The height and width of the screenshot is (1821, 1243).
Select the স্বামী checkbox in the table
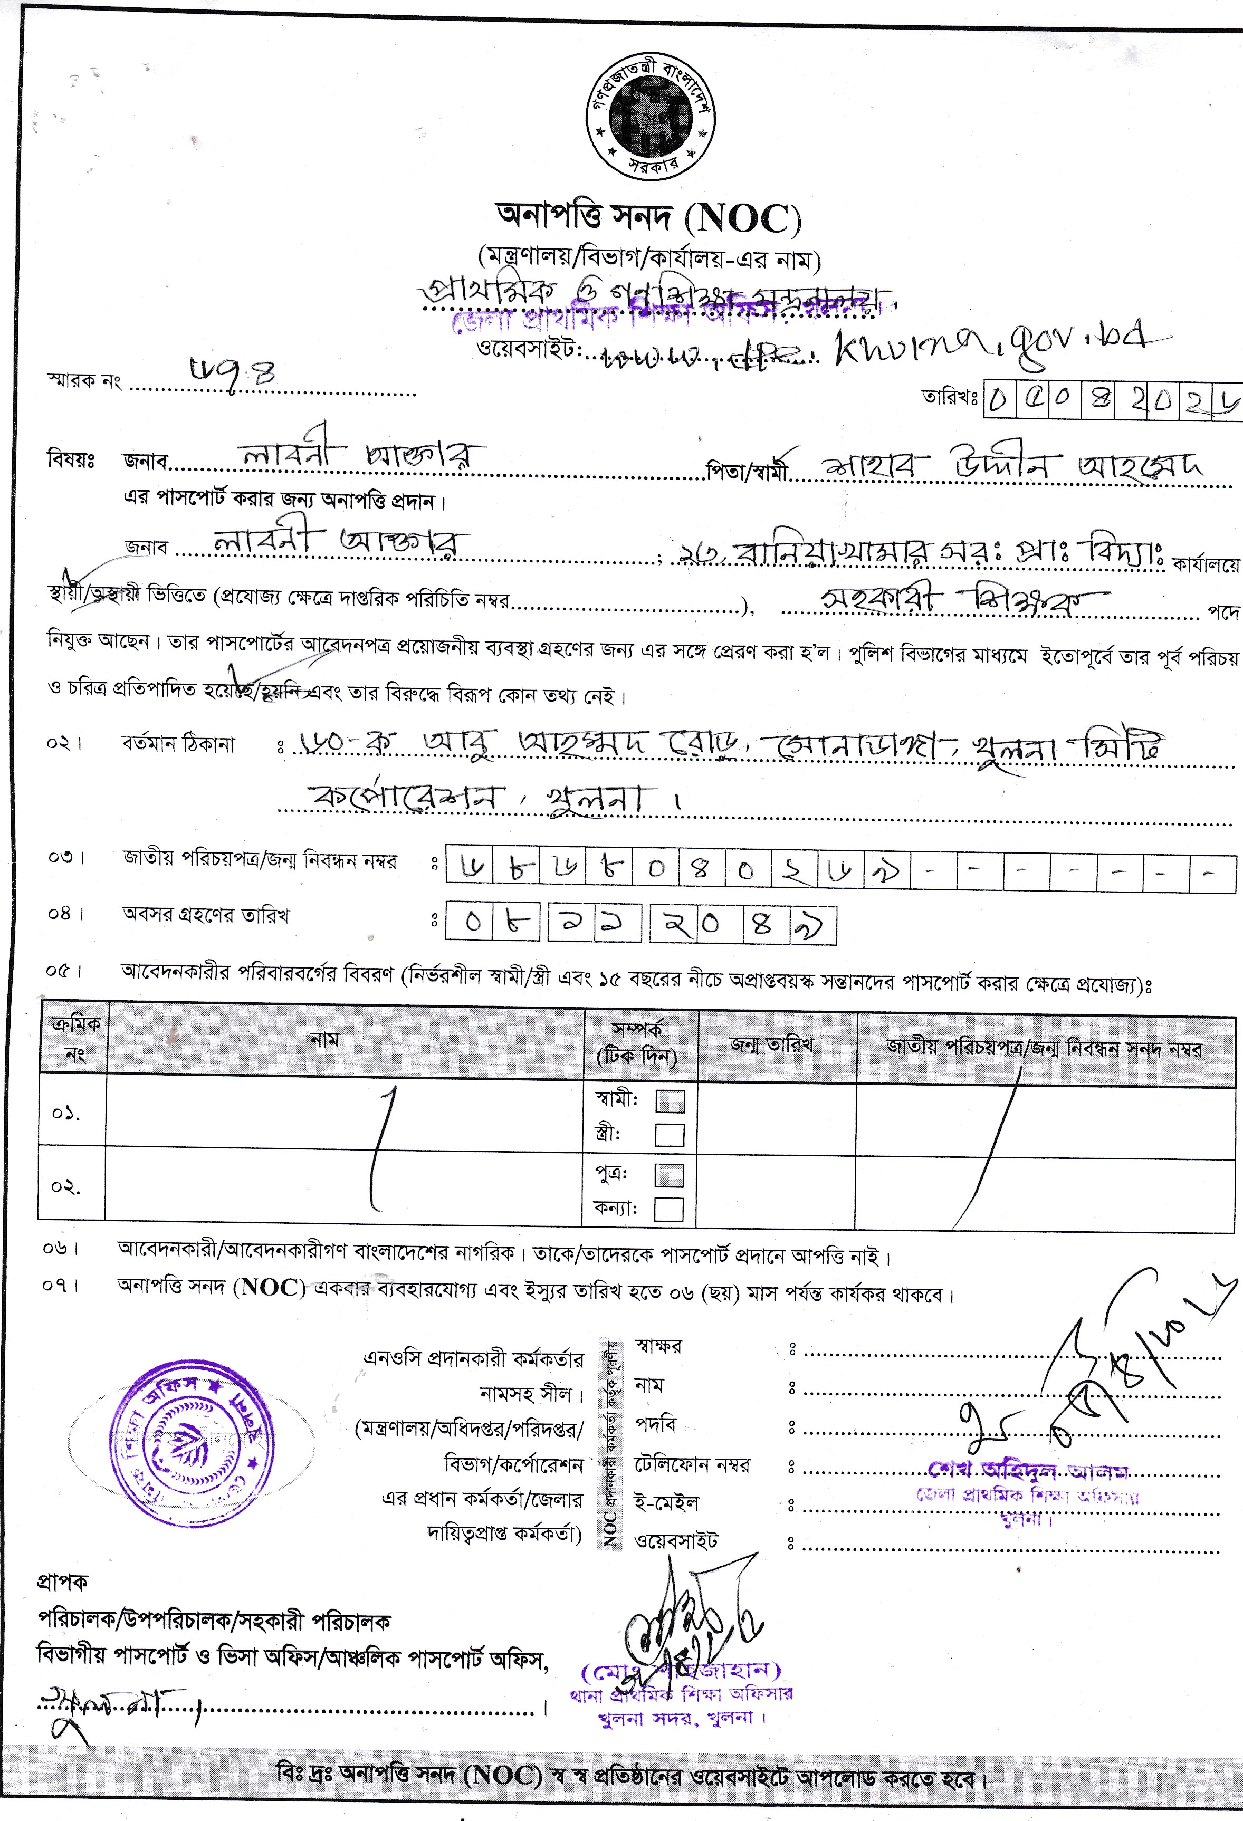[670, 1101]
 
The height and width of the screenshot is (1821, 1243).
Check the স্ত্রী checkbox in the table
[670, 1135]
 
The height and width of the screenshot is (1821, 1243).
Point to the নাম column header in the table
[324, 1040]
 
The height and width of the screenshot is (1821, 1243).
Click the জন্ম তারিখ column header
[771, 1044]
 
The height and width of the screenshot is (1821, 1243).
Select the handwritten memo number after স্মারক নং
[234, 370]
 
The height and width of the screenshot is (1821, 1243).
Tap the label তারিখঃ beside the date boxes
[950, 398]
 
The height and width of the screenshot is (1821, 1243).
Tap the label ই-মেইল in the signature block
[666, 1503]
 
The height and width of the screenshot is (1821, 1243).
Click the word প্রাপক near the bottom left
[63, 1582]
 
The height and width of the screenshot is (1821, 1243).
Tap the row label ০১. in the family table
[66, 1114]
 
